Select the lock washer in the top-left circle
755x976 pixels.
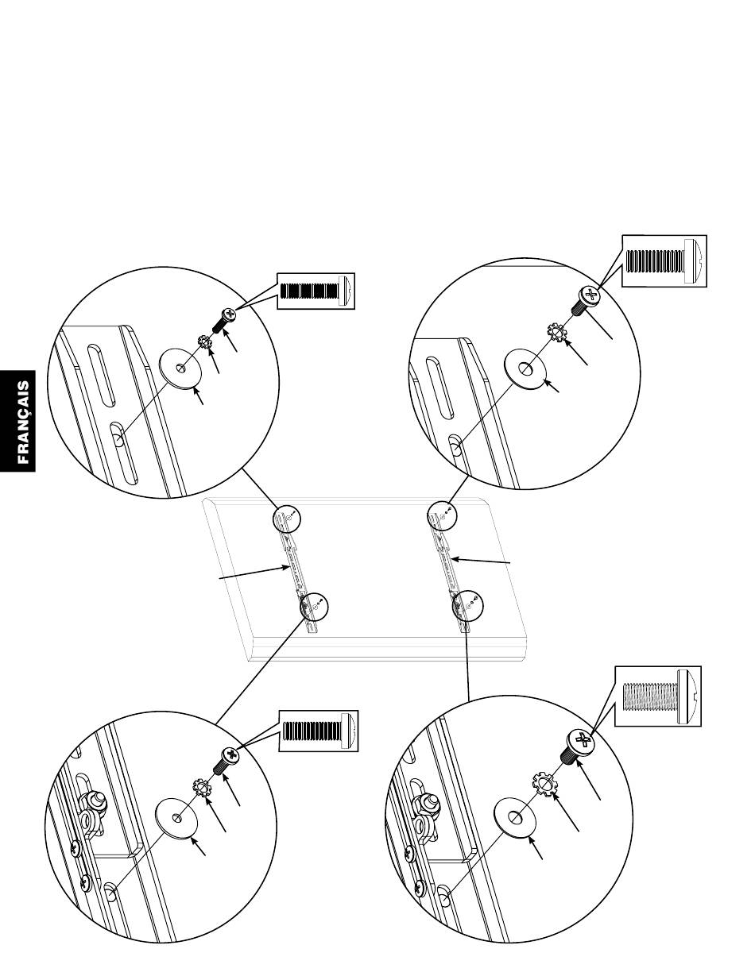tap(203, 343)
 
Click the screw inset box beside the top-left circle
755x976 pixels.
tap(316, 291)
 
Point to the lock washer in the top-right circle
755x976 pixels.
tap(559, 331)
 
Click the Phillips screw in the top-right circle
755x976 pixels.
tap(586, 300)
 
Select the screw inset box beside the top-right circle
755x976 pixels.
tap(664, 261)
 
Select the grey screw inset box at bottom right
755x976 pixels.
tap(659, 696)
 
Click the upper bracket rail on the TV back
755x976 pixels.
tap(292, 561)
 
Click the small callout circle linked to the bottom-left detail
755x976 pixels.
tap(314, 608)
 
